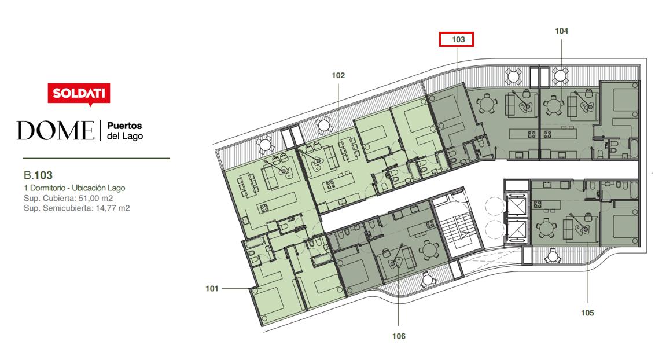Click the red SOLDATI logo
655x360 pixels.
point(79,94)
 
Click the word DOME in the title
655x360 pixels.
point(55,130)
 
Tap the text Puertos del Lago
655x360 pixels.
point(125,131)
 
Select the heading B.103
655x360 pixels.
point(38,175)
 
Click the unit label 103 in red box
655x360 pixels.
point(458,39)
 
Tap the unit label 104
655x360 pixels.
point(561,31)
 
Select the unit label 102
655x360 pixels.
point(338,75)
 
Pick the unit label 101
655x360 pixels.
point(212,289)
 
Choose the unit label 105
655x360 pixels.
point(587,313)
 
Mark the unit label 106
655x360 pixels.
point(399,336)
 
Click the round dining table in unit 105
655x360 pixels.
point(546,229)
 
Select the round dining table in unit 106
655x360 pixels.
point(429,250)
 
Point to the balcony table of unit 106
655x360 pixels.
point(428,281)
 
